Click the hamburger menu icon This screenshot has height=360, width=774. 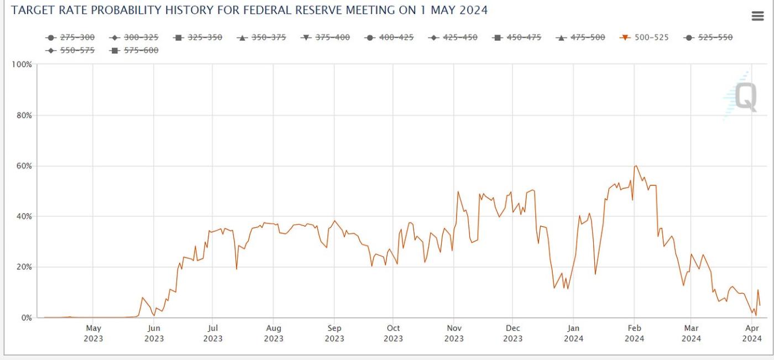pyautogui.click(x=757, y=16)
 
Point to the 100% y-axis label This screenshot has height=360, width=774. pyautogui.click(x=22, y=65)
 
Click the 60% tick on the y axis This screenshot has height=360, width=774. pyautogui.click(x=24, y=166)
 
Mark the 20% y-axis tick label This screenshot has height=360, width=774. pyautogui.click(x=24, y=267)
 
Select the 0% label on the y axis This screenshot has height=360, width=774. pyautogui.click(x=26, y=318)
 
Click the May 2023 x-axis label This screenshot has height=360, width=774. pyautogui.click(x=93, y=333)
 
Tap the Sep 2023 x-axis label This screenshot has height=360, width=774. pyautogui.click(x=334, y=333)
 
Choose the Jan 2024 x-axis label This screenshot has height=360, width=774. pyautogui.click(x=574, y=333)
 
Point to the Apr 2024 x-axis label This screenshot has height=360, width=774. pyautogui.click(x=752, y=333)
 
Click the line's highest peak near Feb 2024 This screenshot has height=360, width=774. pyautogui.click(x=636, y=166)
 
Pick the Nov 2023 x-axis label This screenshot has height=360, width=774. pyautogui.click(x=454, y=333)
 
